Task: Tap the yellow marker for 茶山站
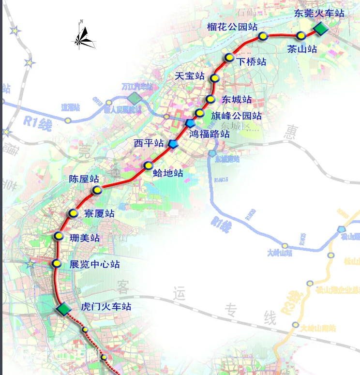tap(301, 35)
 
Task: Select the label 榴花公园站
tap(232, 27)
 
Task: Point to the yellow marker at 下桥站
tap(229, 58)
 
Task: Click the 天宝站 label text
tap(190, 76)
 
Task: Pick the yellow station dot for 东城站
tap(210, 99)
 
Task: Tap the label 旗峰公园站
tap(236, 116)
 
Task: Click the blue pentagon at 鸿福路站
tap(191, 123)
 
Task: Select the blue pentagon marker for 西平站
tap(173, 144)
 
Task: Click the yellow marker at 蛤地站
tap(149, 166)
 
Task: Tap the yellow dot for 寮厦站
tap(73, 213)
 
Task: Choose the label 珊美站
tap(84, 238)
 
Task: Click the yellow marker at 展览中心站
tap(57, 264)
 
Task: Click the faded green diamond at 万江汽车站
tap(135, 98)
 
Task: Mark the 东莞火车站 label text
tap(319, 13)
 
